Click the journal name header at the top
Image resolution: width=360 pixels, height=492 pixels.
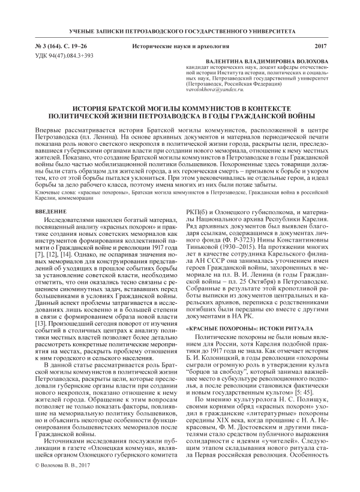point(180,30)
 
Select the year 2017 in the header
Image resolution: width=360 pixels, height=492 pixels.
point(322,46)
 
